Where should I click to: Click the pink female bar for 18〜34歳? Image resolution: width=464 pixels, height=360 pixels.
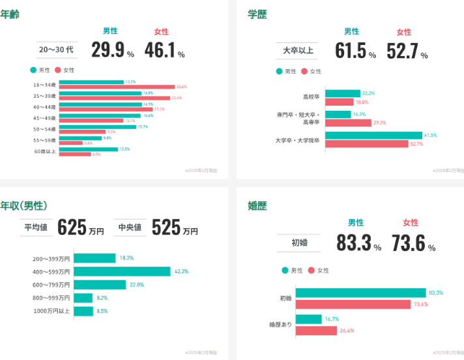tap(117, 87)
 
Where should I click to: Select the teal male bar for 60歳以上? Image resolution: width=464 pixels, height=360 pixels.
tap(88, 149)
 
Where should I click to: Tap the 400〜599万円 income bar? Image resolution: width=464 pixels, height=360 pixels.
tap(123, 271)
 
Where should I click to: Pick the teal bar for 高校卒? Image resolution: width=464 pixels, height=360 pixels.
tap(342, 94)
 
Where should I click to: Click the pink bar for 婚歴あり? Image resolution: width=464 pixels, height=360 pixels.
tap(317, 331)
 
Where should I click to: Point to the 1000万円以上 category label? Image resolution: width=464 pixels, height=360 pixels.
tap(51, 311)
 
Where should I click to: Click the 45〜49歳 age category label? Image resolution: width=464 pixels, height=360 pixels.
tap(44, 118)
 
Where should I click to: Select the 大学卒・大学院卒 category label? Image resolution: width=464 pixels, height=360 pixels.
tap(297, 140)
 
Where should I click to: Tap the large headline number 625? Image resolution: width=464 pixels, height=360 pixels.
tap(72, 228)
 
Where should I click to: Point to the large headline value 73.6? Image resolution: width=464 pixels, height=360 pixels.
tap(408, 243)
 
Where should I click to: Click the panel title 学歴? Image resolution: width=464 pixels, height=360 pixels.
tap(257, 14)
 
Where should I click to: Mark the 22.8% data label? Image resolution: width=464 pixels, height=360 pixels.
tap(137, 285)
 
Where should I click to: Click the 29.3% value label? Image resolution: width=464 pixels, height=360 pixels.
tap(380, 123)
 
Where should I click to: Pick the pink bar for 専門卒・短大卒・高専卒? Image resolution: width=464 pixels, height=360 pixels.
tap(347, 123)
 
